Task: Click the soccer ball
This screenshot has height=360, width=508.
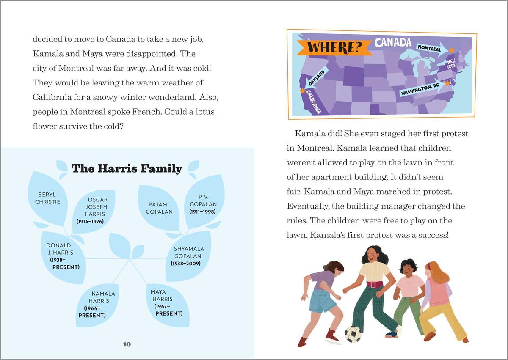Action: (353, 334)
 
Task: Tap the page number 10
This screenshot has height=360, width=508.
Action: (127, 344)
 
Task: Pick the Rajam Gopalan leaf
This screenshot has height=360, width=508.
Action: (159, 208)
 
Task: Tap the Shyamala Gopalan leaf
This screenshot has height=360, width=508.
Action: (188, 256)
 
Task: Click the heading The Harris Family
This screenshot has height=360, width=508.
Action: (127, 168)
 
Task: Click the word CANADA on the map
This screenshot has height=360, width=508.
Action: (392, 42)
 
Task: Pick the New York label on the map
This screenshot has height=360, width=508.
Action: (451, 64)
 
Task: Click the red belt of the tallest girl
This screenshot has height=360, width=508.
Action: (374, 284)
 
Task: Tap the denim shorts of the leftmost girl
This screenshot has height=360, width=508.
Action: (322, 300)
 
